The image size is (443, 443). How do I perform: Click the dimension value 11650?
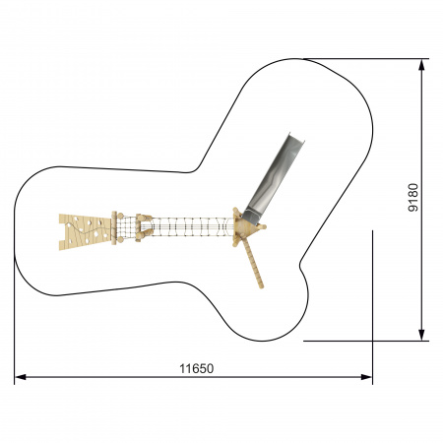pos(196,368)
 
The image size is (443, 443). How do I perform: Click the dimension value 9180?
pos(413,197)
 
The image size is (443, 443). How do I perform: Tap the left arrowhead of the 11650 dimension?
pos(21,377)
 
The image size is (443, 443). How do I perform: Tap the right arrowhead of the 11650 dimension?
pos(366,377)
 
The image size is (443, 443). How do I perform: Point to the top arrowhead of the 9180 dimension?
pos(421,65)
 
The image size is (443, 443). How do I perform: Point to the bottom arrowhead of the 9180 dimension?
pos(421,335)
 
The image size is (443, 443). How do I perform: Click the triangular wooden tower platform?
pos(247,226)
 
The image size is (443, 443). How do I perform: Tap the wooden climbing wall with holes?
pos(86,231)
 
